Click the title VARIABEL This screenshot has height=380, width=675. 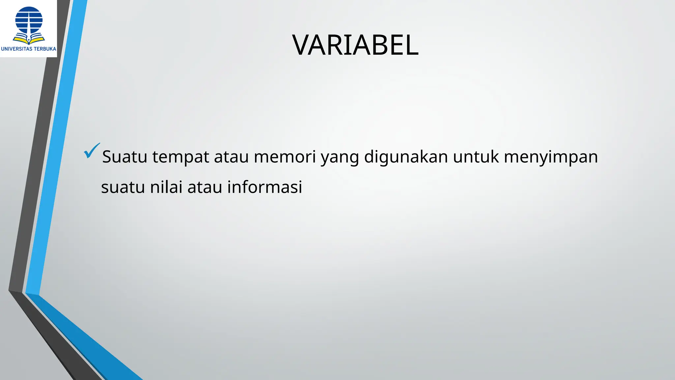tap(355, 45)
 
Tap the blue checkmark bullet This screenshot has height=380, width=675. tap(91, 151)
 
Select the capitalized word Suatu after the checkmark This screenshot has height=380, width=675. tap(125, 157)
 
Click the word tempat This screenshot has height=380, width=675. tap(181, 157)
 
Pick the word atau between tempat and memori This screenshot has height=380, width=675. tap(231, 157)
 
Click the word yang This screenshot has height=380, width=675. tap(339, 158)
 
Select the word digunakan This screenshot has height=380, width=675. tap(406, 157)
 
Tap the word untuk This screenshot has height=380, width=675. tap(476, 157)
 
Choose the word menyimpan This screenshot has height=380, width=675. tap(551, 157)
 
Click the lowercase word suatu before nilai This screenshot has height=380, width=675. tap(123, 187)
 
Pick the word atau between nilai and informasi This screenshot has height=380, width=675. tap(205, 187)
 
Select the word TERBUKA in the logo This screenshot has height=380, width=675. tap(45, 49)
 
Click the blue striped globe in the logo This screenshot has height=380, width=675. tap(29, 20)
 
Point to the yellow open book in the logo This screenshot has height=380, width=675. tap(29, 40)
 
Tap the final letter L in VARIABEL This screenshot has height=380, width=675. tap(411, 45)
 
